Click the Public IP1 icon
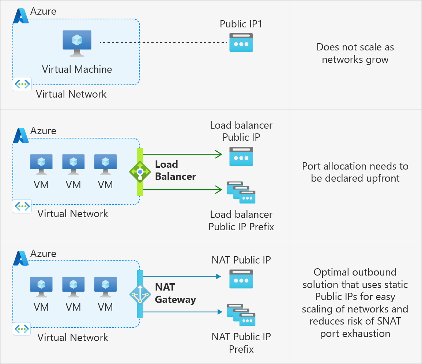pos(241,42)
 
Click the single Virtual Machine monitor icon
pos(77,43)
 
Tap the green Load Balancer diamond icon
pos(140,171)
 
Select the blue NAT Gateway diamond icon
pos(140,294)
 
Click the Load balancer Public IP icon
pos(241,156)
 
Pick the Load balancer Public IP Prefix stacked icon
pos(241,192)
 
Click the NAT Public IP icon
pos(241,279)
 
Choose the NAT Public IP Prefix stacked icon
pos(241,315)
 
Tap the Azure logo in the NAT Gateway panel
pos(21,258)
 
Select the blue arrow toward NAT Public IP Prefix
pos(183,312)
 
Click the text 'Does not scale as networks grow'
pos(355,53)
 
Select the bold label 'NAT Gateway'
pos(176,294)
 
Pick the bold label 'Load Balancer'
pos(176,170)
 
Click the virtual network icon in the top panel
pos(22,84)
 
